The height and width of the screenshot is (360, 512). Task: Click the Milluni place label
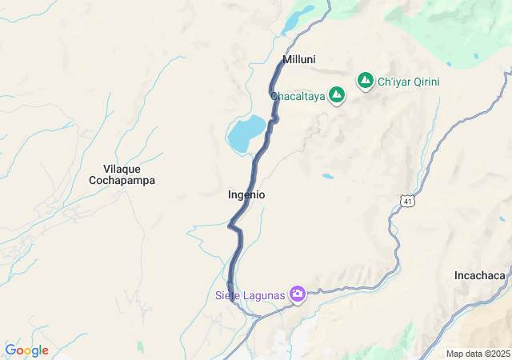pyautogui.click(x=299, y=59)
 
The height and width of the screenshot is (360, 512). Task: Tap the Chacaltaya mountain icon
pyautogui.click(x=337, y=95)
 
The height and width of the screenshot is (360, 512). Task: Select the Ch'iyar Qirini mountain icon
pyautogui.click(x=366, y=80)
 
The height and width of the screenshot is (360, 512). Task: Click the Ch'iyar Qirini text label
pyautogui.click(x=409, y=82)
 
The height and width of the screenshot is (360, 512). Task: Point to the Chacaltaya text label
pyautogui.click(x=298, y=96)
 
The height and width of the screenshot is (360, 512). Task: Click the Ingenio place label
pyautogui.click(x=246, y=194)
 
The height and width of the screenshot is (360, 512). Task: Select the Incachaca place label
pyautogui.click(x=480, y=275)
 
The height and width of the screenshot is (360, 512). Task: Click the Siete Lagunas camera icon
pyautogui.click(x=298, y=294)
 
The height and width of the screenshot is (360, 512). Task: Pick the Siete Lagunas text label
pyautogui.click(x=250, y=295)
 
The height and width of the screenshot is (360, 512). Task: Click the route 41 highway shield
pyautogui.click(x=408, y=201)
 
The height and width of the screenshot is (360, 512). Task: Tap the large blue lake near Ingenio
pyautogui.click(x=246, y=133)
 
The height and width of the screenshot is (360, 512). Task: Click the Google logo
pyautogui.click(x=26, y=350)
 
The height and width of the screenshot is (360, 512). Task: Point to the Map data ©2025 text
pyautogui.click(x=477, y=354)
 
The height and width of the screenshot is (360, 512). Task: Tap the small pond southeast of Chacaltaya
pyautogui.click(x=328, y=175)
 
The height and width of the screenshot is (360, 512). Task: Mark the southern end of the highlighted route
pyautogui.click(x=231, y=299)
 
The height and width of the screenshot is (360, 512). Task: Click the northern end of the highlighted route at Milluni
pyautogui.click(x=283, y=62)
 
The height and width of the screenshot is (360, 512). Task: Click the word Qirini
pyautogui.click(x=424, y=82)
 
